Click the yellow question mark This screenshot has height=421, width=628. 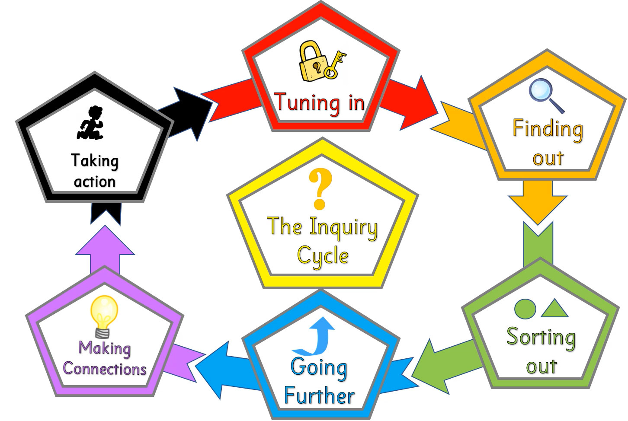click(x=320, y=188)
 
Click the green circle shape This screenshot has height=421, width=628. click(x=525, y=309)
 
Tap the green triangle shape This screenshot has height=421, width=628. click(x=555, y=309)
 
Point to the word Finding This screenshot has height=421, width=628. click(x=548, y=129)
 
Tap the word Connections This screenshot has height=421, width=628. click(x=105, y=369)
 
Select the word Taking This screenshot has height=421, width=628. click(x=94, y=161)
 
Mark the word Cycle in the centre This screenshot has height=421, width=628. click(x=323, y=256)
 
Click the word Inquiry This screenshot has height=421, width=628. click(x=343, y=228)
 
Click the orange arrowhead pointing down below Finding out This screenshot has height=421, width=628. click(x=537, y=207)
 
